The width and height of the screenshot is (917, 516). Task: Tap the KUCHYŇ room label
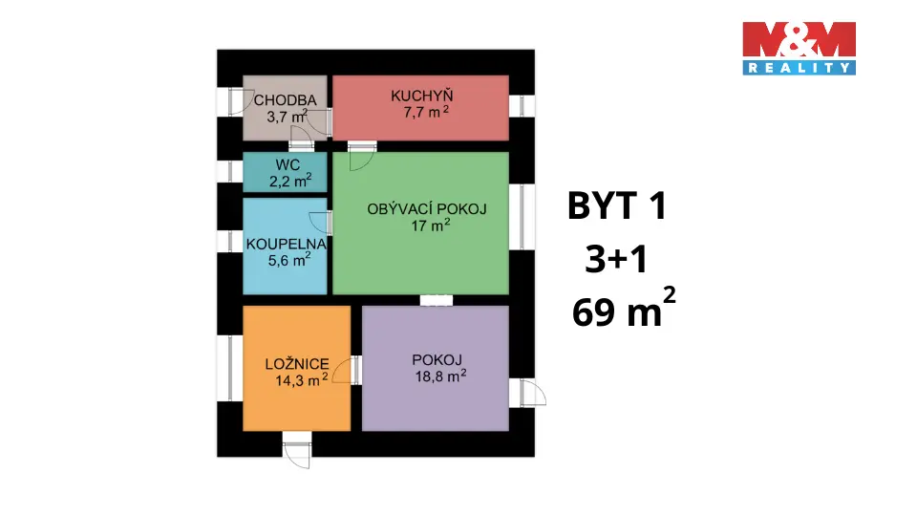coord(421,96)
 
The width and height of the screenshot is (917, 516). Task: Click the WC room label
coord(261,164)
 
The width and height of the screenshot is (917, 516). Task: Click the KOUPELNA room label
coord(287,244)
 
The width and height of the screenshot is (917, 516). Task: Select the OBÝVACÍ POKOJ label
coord(428,210)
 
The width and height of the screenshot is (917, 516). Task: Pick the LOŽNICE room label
coord(298,364)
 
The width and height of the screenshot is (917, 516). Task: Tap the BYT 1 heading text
coord(615,207)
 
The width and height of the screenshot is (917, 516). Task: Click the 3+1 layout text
coord(617,260)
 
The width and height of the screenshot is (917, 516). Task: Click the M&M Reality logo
coord(799,48)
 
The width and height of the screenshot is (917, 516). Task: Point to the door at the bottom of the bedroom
coord(297,449)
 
